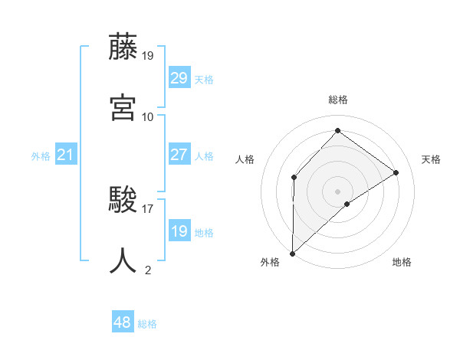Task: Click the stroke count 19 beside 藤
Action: [x=148, y=56]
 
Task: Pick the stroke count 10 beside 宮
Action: [x=148, y=116]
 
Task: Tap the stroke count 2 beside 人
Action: [x=148, y=269]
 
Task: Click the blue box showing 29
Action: [x=179, y=78]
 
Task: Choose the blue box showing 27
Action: [x=179, y=155]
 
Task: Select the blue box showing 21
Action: [x=66, y=155]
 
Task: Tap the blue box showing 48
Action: [x=123, y=322]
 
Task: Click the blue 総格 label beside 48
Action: [x=147, y=324]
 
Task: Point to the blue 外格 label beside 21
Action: [x=41, y=156]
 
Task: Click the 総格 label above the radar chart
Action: [x=338, y=100]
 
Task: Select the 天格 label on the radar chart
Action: [x=432, y=159]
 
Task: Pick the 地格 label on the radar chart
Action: [x=402, y=263]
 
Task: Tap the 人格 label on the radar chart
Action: [x=245, y=159]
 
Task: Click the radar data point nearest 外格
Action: [x=292, y=253]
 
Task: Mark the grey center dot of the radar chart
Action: [x=337, y=191]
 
